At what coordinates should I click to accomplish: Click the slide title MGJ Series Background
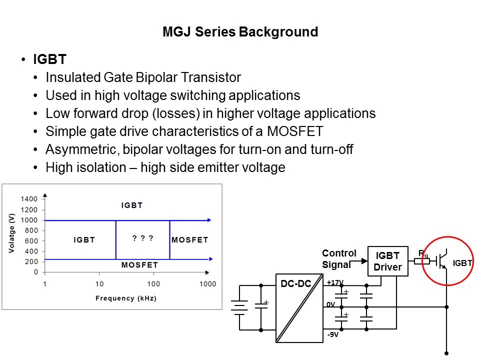point(240,32)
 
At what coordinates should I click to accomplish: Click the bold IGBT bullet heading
point(49,60)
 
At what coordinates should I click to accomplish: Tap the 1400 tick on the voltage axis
point(29,199)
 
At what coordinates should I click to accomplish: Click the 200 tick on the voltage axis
point(31,261)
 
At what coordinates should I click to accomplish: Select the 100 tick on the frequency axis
point(153,284)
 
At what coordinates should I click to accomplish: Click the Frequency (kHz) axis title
point(126,298)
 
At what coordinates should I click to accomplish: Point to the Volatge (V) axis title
point(11,233)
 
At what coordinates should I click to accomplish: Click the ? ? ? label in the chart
point(142,238)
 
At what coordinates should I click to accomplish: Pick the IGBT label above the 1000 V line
point(132,205)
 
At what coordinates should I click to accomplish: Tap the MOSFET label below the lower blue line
point(139,265)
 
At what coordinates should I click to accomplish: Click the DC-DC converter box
point(299,308)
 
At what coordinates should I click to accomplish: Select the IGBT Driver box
point(387,261)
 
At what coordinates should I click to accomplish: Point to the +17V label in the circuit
point(335,282)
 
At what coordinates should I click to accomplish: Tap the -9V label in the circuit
point(332,334)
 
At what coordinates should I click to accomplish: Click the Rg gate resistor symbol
point(422,260)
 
